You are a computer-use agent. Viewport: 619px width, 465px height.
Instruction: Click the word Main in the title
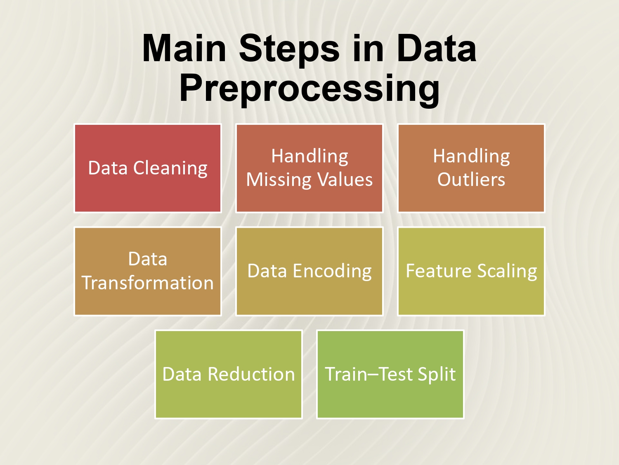pos(184,48)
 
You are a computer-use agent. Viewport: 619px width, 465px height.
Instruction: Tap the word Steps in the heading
pos(289,50)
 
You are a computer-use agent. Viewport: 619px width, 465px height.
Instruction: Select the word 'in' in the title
pos(368,48)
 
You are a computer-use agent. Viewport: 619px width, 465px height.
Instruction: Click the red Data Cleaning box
pos(147,168)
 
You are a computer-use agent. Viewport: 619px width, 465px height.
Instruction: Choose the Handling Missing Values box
pos(309,168)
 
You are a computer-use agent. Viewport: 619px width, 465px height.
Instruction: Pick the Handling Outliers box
pos(471,168)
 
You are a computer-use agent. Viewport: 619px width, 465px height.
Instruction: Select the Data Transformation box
pos(147,271)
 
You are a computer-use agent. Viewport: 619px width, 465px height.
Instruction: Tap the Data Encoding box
pos(309,271)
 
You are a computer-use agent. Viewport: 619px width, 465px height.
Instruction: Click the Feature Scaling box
pos(471,271)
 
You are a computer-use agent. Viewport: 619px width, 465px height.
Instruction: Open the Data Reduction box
pos(229,374)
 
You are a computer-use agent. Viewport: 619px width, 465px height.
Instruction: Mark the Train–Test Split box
pos(390,374)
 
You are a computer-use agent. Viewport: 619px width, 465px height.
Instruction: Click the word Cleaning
pos(170,169)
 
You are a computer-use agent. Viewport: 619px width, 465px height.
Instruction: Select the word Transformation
pos(147,283)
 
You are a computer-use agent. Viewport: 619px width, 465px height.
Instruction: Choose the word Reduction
pos(251,374)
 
